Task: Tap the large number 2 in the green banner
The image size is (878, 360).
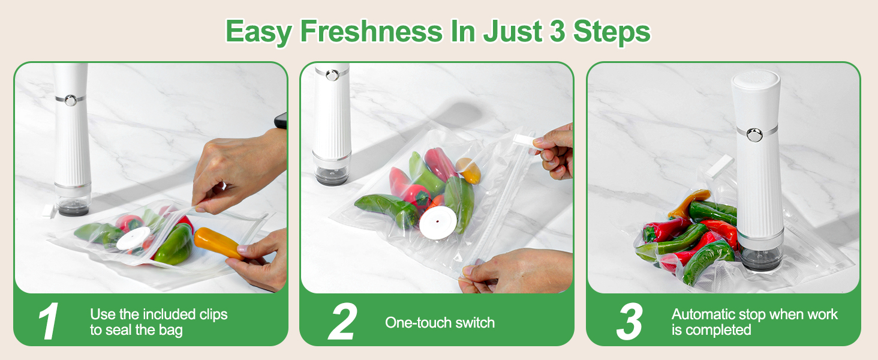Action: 342,322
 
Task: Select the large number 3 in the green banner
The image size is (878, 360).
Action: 630,322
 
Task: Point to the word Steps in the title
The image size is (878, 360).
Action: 612,31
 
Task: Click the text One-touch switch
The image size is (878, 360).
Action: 440,322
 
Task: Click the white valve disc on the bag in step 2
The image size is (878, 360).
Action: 438,223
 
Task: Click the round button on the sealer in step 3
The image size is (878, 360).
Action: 754,135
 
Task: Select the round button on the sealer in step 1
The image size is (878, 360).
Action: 71,100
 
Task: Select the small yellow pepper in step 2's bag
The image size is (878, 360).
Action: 468,170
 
